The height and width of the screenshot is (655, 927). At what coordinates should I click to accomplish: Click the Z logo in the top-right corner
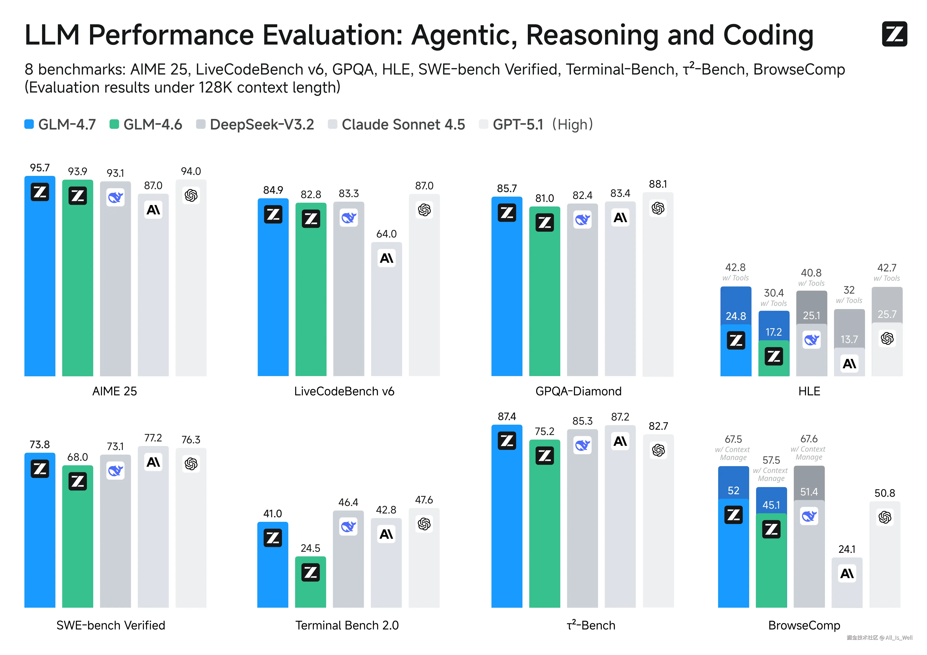[x=894, y=34]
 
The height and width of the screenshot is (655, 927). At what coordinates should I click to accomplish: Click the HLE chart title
[x=809, y=391]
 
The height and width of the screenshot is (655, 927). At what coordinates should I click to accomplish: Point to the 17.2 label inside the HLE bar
[x=773, y=332]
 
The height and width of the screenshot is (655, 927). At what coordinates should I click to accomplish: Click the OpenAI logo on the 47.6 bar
[x=424, y=524]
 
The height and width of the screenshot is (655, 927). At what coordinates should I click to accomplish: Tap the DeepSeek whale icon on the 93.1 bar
[x=115, y=197]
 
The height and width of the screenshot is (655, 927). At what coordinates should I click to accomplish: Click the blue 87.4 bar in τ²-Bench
[x=507, y=525]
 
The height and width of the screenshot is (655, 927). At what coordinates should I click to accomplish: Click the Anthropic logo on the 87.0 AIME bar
[x=153, y=210]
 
